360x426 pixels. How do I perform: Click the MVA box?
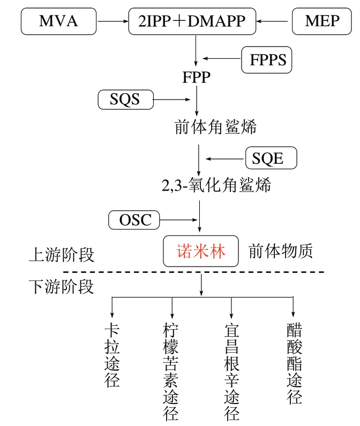point(58,21)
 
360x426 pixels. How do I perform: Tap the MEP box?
point(322,21)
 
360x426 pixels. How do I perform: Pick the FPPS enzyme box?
point(267,59)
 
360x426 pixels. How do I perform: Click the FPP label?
point(196,78)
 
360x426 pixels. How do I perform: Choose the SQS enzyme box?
point(125,99)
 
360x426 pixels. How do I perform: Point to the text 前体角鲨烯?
point(216,127)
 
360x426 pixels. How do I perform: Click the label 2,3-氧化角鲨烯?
point(216,186)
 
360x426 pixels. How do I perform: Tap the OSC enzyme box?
point(134,219)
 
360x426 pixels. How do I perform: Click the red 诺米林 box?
point(201,251)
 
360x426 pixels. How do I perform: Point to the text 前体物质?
point(280,251)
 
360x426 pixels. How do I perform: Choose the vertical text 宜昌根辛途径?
point(231,371)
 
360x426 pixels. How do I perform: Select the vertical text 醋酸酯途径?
point(294,363)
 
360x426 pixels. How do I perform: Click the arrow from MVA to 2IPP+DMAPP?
point(114,21)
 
